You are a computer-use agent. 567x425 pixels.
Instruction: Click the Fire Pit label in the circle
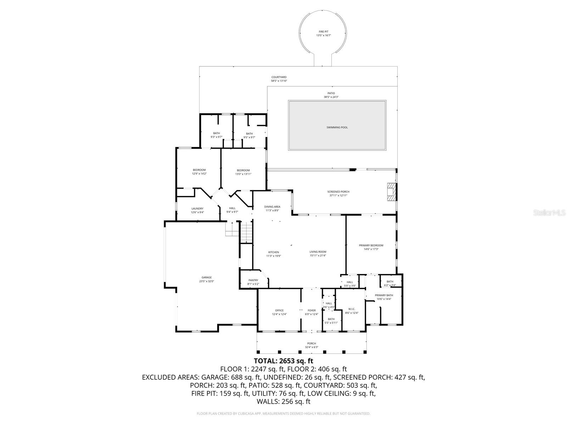click(323, 32)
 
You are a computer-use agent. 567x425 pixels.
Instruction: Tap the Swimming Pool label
click(337, 127)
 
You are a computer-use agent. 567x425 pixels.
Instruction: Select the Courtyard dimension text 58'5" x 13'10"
click(279, 81)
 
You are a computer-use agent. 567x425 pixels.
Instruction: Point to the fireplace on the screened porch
click(391, 192)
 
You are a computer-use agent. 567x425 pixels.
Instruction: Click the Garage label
click(207, 277)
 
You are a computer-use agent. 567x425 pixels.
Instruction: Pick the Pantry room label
click(253, 280)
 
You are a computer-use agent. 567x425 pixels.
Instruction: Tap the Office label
click(279, 310)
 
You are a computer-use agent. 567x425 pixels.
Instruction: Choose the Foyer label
click(311, 310)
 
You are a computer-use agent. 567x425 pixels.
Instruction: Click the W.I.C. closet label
click(352, 309)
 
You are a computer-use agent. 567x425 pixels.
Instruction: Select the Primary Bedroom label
click(371, 245)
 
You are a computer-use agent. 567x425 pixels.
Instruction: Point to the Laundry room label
click(197, 209)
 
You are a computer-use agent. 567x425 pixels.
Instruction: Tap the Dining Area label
click(272, 206)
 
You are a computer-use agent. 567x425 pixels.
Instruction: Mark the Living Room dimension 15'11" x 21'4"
click(318, 255)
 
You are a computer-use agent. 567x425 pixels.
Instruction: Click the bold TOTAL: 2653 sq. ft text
click(283, 361)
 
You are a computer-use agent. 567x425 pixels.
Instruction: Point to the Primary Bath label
click(384, 295)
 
